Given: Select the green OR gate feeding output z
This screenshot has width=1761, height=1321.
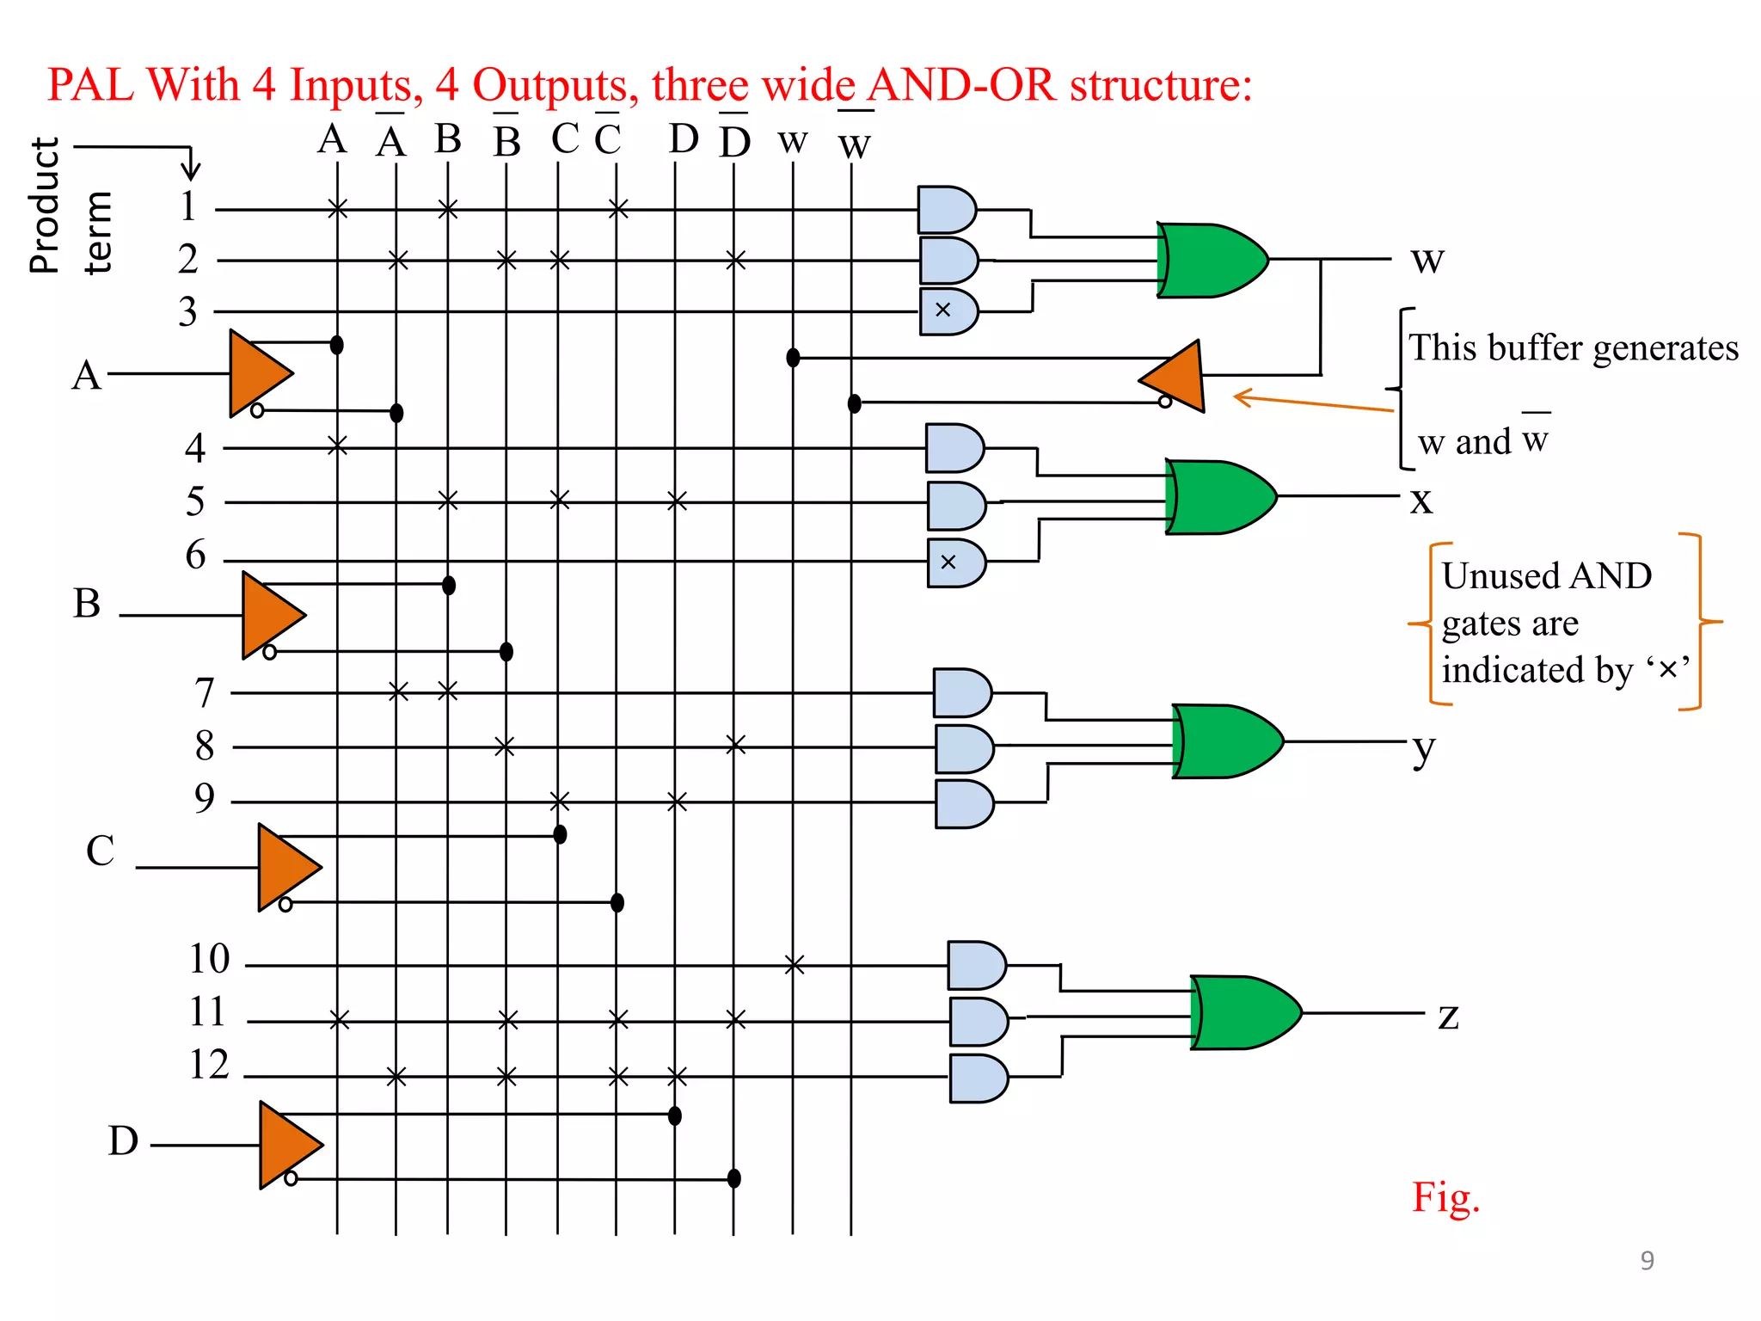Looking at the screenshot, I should tap(1245, 1012).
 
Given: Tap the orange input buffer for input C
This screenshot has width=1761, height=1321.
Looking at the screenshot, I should tap(288, 867).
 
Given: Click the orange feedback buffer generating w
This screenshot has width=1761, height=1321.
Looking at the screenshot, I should tap(1175, 377).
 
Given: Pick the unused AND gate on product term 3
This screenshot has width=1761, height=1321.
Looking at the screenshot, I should tap(948, 311).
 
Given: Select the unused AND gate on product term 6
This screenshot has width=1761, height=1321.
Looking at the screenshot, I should tap(955, 563).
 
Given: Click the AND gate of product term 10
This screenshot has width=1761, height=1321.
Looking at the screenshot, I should tap(976, 965).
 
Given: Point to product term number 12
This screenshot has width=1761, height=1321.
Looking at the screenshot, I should tap(209, 1065).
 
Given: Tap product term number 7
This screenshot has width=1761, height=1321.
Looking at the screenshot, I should tap(204, 692).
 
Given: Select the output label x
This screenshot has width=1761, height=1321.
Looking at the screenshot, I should tap(1421, 500).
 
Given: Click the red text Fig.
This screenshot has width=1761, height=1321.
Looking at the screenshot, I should tap(1445, 1196).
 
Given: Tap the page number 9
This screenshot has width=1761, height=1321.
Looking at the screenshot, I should tap(1647, 1260).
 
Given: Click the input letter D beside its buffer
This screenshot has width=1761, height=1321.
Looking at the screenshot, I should tap(123, 1140).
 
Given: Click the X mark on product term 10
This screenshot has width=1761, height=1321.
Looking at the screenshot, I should tap(795, 965).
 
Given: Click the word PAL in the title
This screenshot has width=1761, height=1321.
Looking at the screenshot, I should tap(89, 85).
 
